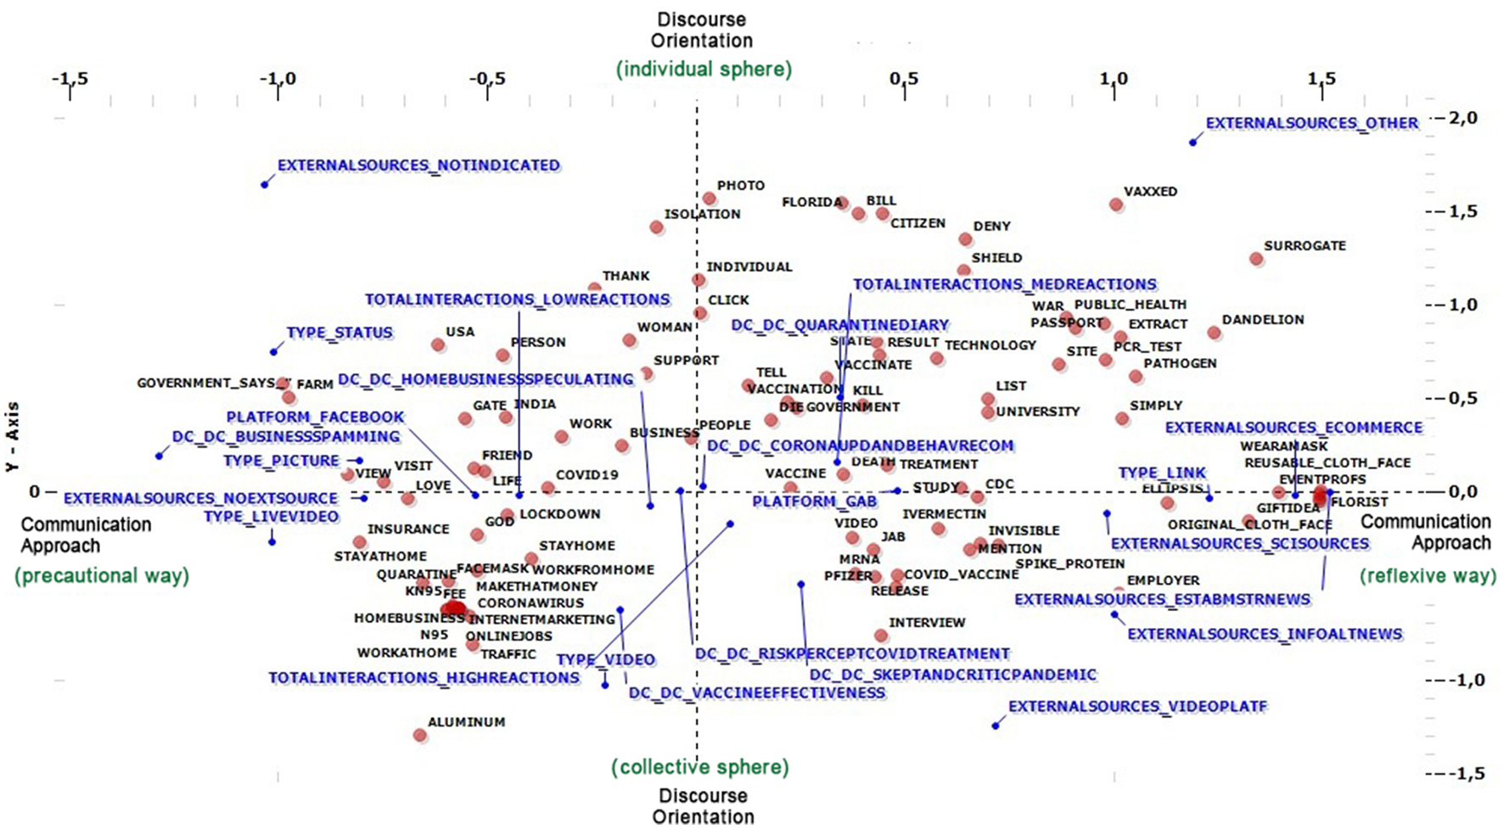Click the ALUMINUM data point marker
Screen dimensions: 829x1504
pos(420,735)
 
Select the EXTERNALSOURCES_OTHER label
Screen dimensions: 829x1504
pos(1311,123)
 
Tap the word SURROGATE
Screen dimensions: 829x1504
pos(1305,246)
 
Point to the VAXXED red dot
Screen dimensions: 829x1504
pos(1116,204)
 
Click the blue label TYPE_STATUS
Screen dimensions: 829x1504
pos(340,333)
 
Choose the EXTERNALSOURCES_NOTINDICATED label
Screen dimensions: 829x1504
pos(418,165)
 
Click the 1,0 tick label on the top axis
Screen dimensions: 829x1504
pos(1114,79)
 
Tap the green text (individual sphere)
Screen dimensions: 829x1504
pos(704,69)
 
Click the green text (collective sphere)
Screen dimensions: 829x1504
pos(700,767)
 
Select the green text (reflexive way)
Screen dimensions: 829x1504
pos(1428,575)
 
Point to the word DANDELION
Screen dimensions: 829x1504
pos(1263,320)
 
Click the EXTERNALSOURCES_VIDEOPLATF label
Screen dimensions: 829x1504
pos(1137,707)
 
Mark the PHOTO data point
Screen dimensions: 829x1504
pos(710,199)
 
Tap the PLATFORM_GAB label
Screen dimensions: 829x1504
pos(814,501)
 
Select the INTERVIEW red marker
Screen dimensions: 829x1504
pos(881,636)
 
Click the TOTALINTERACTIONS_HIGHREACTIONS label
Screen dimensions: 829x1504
pos(424,678)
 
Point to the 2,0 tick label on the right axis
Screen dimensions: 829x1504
pos(1462,117)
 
